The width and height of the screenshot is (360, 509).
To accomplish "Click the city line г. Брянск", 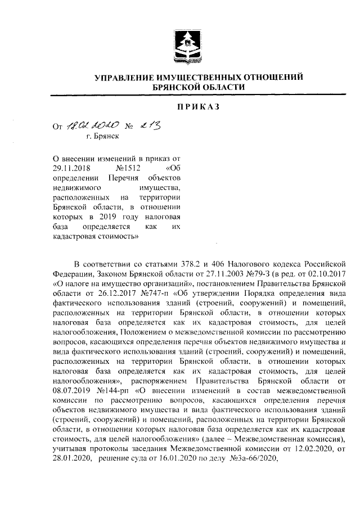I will click(103, 136).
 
